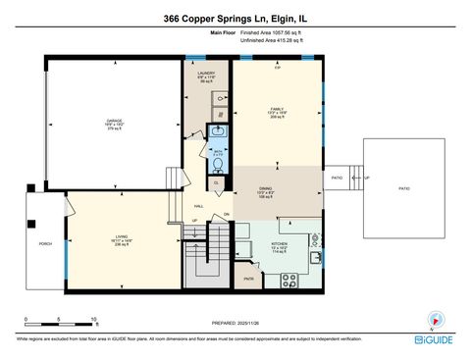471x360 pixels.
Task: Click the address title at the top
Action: [x=235, y=19]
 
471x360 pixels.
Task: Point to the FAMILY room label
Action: [x=277, y=110]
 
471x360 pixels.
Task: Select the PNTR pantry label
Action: [x=249, y=278]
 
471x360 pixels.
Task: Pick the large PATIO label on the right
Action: [x=404, y=188]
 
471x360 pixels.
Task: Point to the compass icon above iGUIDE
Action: [x=433, y=319]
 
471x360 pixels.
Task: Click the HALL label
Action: [x=198, y=207]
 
